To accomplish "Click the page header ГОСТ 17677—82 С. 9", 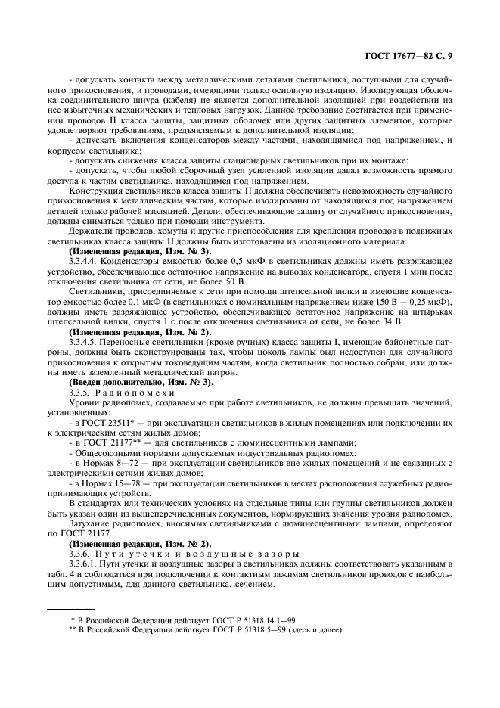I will coord(408,55).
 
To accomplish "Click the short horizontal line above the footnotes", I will coord(71,607).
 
